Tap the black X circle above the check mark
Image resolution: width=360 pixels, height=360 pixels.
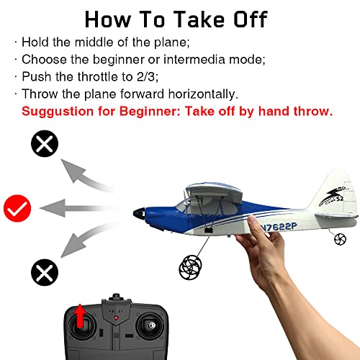point(45,145)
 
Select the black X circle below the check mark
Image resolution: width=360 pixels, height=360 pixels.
point(44,271)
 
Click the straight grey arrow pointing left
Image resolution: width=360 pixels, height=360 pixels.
point(79,209)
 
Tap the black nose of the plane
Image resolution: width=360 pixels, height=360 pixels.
point(138,213)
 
